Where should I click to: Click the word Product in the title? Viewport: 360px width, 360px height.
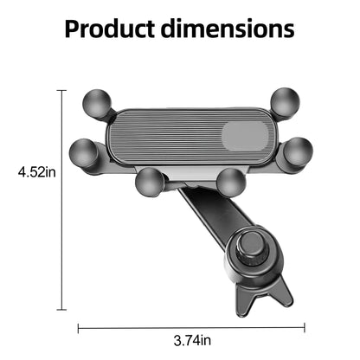pyautogui.click(x=110, y=29)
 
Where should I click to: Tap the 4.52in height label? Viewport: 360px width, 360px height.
pyautogui.click(x=37, y=172)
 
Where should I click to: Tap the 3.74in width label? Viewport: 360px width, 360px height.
pyautogui.click(x=192, y=340)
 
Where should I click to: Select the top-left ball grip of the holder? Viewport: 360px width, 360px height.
pyautogui.click(x=97, y=103)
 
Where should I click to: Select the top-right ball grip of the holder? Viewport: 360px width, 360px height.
pyautogui.click(x=285, y=102)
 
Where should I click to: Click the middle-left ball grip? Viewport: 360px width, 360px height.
pyautogui.click(x=83, y=153)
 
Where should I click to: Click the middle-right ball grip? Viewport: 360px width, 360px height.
pyautogui.click(x=299, y=152)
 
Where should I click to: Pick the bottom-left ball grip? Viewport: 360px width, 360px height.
pyautogui.click(x=150, y=183)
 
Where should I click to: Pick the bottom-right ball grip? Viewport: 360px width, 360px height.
pyautogui.click(x=231, y=183)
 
